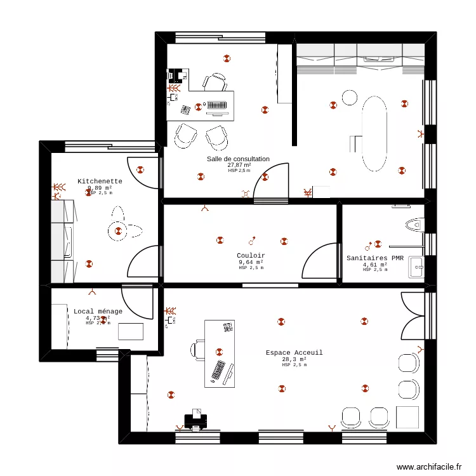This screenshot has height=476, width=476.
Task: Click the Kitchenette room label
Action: [100, 182]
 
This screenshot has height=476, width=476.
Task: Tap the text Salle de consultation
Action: [238, 159]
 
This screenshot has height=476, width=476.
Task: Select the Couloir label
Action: [251, 256]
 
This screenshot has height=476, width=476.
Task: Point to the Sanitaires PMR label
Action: [375, 258]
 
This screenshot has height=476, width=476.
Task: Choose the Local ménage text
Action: [98, 312]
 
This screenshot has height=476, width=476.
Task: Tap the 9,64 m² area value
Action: [251, 262]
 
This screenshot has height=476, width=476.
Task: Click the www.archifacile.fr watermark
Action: [430, 467]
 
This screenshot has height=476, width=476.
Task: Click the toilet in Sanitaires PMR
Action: [414, 224]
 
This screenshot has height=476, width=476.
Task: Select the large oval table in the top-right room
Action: [374, 133]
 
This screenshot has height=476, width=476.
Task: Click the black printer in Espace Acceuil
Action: [195, 420]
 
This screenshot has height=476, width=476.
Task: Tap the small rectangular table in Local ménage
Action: [131, 331]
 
